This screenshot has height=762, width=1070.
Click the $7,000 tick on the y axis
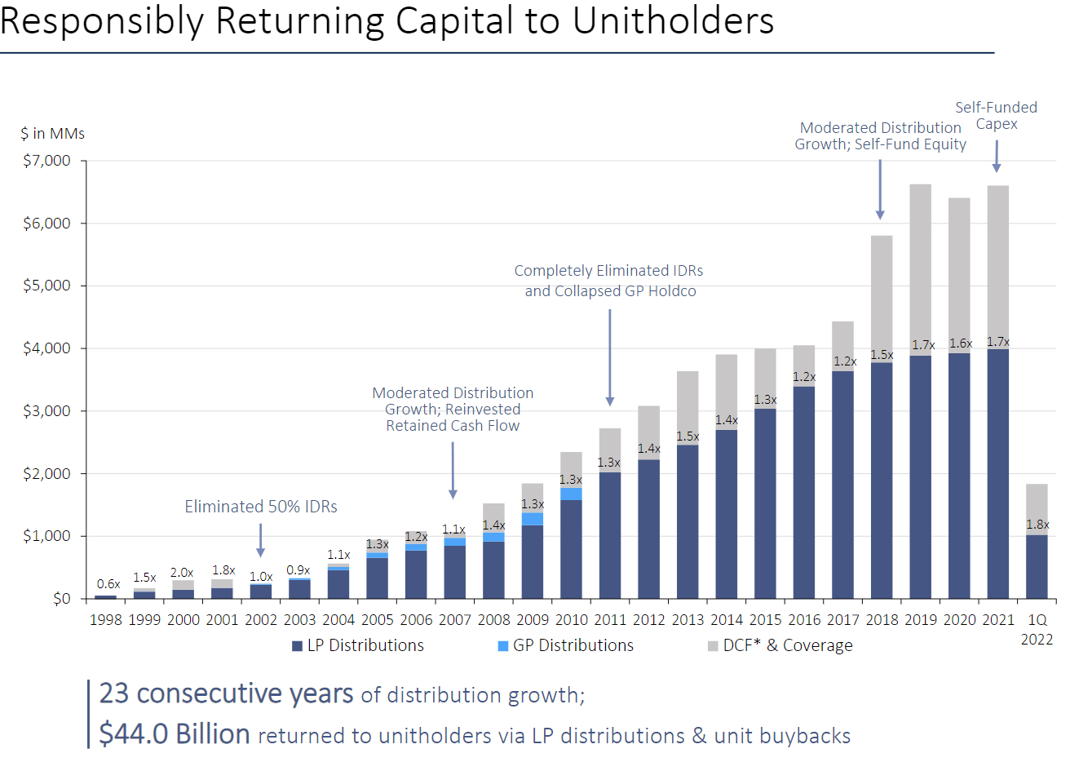[x=46, y=161]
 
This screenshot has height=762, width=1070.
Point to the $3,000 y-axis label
[x=46, y=411]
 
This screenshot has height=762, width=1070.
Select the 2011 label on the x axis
[x=610, y=620]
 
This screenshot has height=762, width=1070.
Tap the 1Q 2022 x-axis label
[x=1037, y=629]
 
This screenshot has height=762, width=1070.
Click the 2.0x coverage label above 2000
[x=182, y=573]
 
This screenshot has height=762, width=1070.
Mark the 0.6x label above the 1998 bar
[x=108, y=584]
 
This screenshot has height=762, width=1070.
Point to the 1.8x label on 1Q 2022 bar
[x=1037, y=525]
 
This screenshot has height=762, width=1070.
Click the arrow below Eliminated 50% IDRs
[x=261, y=540]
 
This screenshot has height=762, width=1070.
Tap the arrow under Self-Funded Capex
[x=997, y=156]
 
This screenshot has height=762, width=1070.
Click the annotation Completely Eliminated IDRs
[x=608, y=271]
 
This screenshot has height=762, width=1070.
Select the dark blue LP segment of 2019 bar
[x=921, y=477]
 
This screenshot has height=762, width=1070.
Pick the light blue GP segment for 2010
[x=571, y=494]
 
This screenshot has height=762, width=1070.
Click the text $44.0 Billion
[x=175, y=734]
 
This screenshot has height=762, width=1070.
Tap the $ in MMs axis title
[x=53, y=134]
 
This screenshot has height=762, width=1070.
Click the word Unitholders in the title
[x=674, y=20]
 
